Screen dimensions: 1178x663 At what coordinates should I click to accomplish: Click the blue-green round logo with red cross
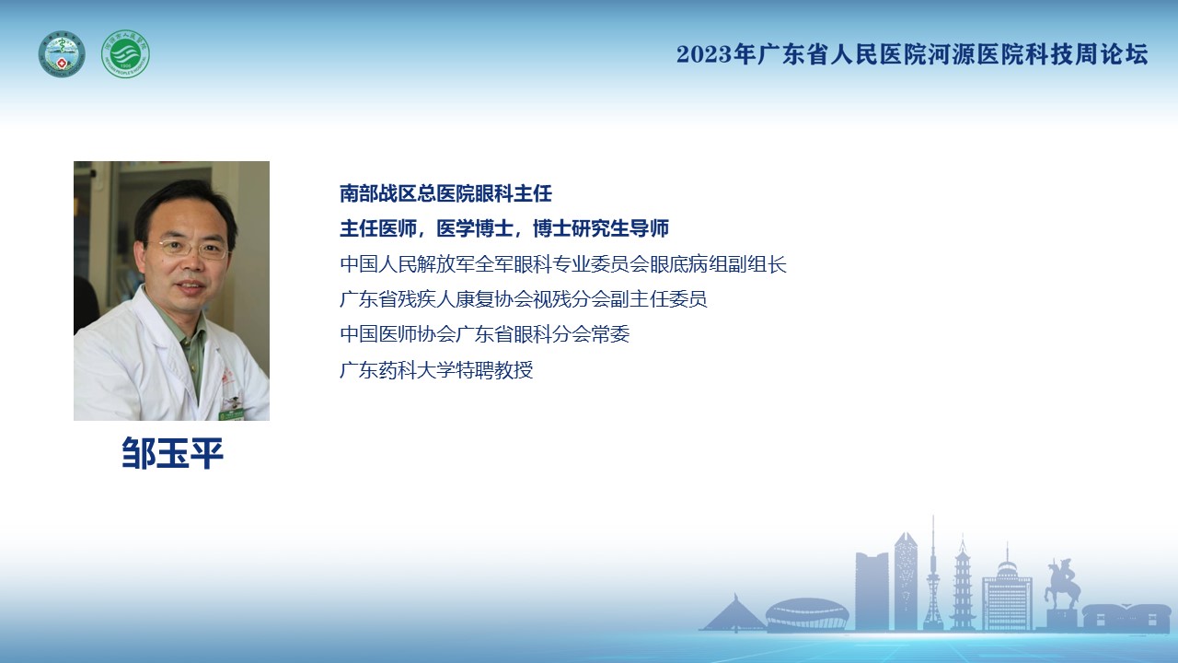coord(62,53)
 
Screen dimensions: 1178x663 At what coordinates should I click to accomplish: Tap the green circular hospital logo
coord(126,53)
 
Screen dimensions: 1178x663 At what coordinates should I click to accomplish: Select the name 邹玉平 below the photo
coord(172,453)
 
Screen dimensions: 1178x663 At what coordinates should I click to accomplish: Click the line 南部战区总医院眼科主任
coord(446,193)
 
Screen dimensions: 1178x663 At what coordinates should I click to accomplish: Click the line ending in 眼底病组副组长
coord(563,264)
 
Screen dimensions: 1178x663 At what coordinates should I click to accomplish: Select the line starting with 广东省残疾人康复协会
coord(524,299)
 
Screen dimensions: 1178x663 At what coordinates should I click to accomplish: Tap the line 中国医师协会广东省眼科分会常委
coord(485,334)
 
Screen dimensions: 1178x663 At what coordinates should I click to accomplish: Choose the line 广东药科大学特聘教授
coord(436,370)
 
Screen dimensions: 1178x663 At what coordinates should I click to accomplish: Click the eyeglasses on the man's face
coord(194,249)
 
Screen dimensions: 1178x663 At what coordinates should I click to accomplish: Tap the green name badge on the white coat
coord(231,414)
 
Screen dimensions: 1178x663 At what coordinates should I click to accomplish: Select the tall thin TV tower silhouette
coord(933,574)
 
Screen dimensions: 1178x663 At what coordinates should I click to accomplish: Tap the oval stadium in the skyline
coord(807,614)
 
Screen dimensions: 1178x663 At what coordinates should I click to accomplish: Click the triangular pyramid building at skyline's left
coord(733,613)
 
